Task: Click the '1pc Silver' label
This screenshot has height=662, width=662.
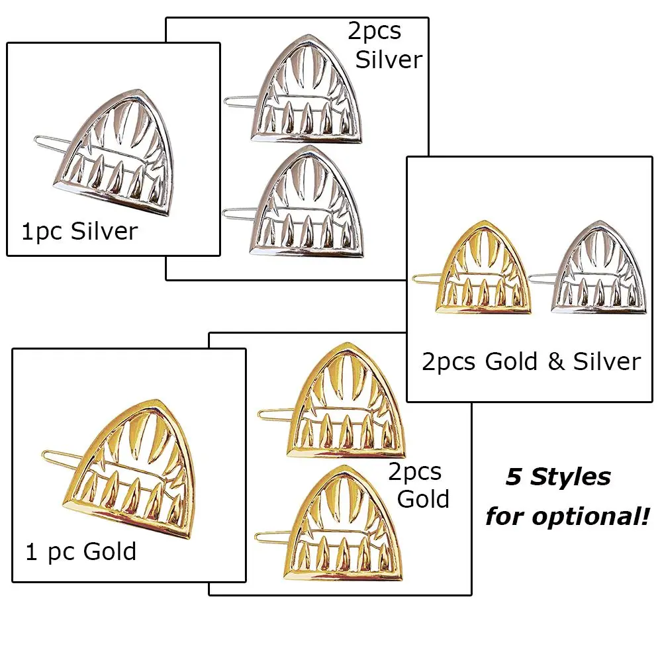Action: coord(79,232)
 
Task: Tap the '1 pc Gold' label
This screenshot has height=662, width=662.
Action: coord(81,551)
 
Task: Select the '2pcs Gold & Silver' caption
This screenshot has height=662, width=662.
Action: coord(531,361)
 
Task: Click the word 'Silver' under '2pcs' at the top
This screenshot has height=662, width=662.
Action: coord(389,60)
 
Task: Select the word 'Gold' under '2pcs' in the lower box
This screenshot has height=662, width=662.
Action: coord(423,498)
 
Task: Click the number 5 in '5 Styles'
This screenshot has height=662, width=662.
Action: coord(514,477)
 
